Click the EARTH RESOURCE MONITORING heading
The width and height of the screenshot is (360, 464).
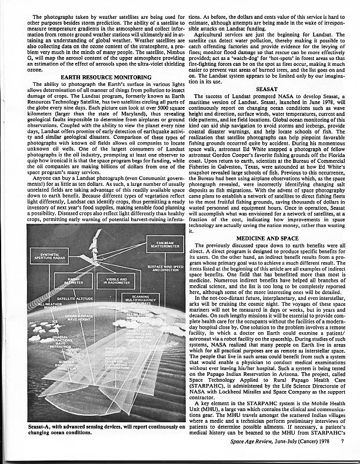[x=95, y=77]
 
